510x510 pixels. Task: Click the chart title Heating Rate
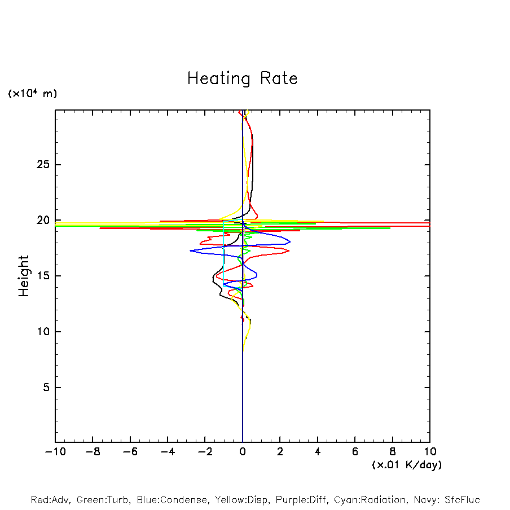tap(242, 78)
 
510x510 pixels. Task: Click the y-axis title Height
tap(24, 276)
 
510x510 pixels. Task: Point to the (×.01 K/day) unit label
tap(406, 465)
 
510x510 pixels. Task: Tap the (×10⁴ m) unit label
tap(32, 94)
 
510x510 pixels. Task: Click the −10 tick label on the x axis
tap(55, 452)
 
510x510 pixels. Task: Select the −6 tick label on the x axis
tap(130, 452)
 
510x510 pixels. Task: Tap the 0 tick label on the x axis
tap(243, 452)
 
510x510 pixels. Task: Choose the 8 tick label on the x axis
tap(392, 452)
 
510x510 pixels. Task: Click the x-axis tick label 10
tap(430, 452)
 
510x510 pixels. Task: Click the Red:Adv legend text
tap(50, 500)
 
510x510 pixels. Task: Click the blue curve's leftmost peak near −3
tap(191, 251)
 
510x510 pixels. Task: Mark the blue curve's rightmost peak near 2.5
tap(290, 242)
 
